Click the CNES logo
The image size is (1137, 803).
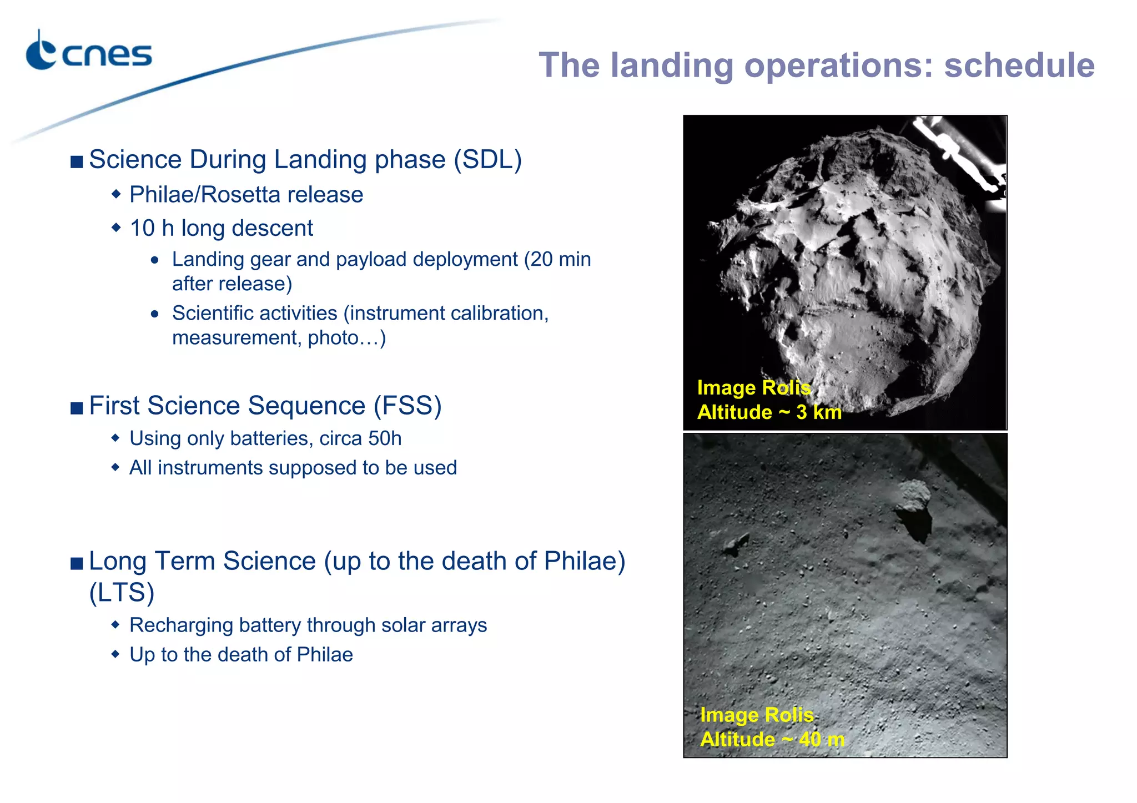click(x=89, y=53)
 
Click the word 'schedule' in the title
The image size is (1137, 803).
click(x=1019, y=65)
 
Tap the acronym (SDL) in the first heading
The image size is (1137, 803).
click(x=488, y=160)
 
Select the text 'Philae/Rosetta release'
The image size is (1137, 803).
click(x=246, y=195)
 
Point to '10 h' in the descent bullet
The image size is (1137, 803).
click(x=152, y=228)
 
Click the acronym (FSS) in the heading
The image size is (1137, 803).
click(x=407, y=406)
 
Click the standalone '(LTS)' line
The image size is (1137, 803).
click(x=122, y=592)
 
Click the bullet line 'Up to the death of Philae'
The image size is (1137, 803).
click(x=241, y=655)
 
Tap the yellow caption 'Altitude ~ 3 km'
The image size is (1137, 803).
click(x=769, y=412)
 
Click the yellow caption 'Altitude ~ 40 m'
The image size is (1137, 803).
click(x=772, y=740)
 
